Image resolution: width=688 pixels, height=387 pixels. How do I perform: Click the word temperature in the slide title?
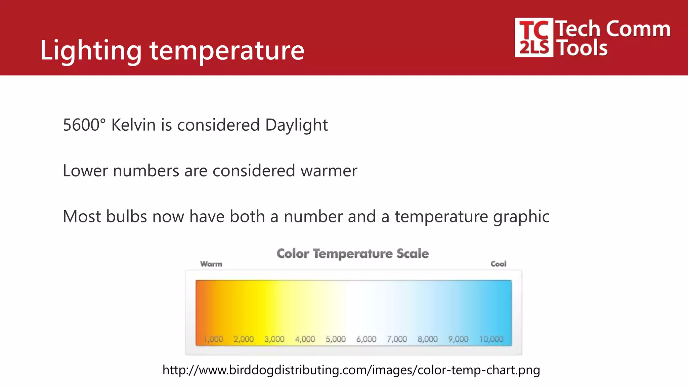(227, 50)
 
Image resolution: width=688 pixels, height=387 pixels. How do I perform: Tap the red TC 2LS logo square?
(533, 38)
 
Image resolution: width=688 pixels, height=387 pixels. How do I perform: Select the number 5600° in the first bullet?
(84, 125)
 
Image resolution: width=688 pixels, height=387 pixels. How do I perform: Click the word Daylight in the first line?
(296, 125)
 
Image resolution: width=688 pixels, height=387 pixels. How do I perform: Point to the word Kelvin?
(133, 125)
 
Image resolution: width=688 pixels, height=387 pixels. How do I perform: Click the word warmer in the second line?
(329, 171)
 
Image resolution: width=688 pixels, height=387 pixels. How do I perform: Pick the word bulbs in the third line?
(127, 216)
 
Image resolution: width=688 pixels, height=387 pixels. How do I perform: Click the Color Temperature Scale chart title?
(353, 254)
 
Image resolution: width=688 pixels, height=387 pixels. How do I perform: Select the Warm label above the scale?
(211, 264)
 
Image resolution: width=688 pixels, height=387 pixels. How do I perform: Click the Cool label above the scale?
(498, 264)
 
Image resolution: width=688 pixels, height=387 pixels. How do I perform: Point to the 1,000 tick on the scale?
(214, 339)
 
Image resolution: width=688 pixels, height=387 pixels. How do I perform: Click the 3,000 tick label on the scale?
(274, 339)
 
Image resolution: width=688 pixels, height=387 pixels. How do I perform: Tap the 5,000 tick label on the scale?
(336, 339)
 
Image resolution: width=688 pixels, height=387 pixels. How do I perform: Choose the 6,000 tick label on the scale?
(366, 339)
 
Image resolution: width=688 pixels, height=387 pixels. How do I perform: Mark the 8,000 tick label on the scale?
(428, 339)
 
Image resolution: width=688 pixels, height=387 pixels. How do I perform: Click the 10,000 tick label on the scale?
(491, 339)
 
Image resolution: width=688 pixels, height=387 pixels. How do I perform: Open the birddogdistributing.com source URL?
(351, 370)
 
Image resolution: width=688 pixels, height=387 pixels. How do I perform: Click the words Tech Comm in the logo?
(613, 29)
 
